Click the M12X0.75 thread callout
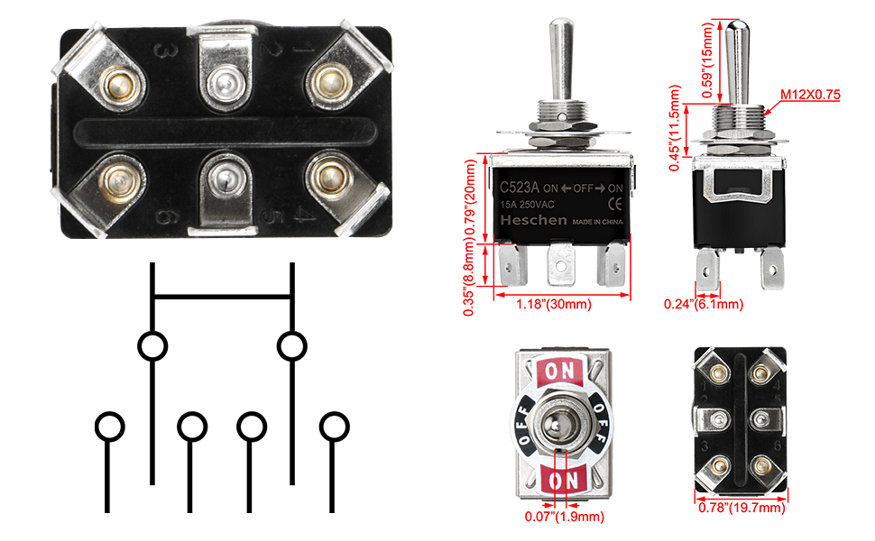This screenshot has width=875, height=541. tap(810, 94)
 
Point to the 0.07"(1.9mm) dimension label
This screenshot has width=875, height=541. tap(564, 517)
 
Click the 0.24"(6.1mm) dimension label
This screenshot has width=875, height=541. tap(705, 304)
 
